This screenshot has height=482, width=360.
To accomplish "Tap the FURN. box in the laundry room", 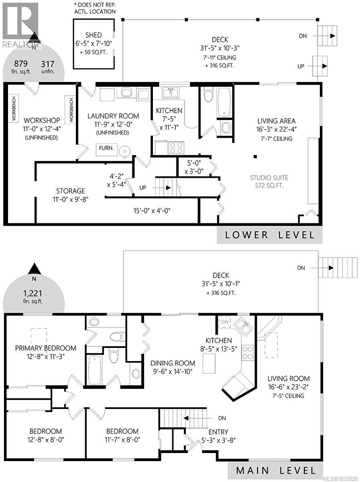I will (106, 148).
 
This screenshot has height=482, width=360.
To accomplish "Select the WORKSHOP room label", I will (42, 120).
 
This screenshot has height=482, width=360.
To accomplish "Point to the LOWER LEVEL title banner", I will (270, 235).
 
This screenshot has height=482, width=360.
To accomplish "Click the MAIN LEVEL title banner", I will (275, 470).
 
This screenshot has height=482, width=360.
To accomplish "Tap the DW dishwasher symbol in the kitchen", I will (224, 322).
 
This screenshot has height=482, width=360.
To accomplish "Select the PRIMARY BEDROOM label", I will (45, 348).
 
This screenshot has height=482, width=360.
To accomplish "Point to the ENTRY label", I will (219, 432).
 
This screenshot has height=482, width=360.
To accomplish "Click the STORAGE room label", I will (70, 191).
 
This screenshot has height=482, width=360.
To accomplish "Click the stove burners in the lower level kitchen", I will (176, 148).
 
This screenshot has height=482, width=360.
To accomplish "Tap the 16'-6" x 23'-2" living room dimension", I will (289, 387).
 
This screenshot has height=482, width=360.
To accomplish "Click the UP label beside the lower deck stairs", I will (301, 66).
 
